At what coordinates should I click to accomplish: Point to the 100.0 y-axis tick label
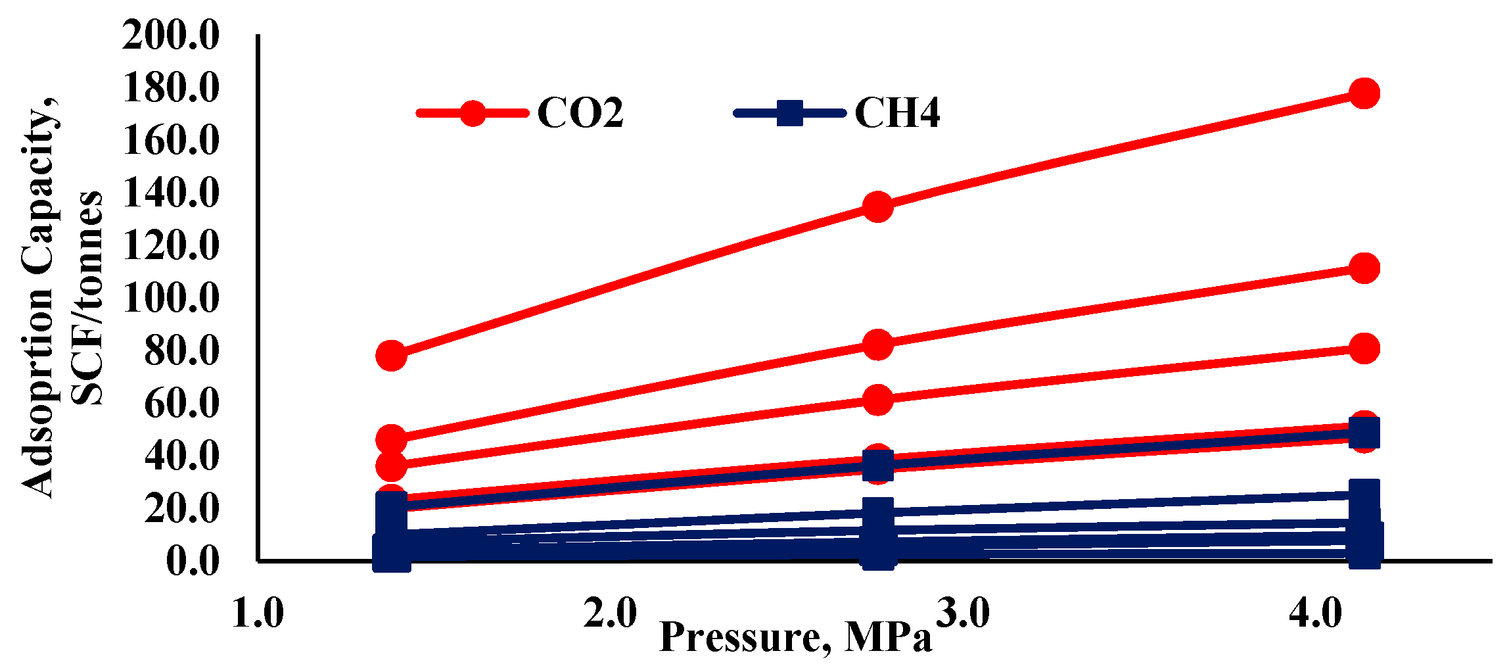170,298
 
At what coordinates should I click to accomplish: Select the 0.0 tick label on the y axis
192,561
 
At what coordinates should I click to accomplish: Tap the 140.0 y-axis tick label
170,193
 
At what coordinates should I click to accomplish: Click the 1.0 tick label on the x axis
258,614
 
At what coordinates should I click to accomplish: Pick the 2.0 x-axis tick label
610,614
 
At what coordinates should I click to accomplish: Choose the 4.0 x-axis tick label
1314,614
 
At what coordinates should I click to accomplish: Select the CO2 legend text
580,113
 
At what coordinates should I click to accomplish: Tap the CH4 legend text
896,113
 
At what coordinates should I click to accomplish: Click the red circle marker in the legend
473,113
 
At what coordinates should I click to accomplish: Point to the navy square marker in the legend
789,113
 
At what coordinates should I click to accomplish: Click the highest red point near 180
1364,93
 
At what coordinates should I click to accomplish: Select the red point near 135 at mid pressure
877,207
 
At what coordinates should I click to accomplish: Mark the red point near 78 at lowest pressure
391,356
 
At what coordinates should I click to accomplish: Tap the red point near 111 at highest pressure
1364,268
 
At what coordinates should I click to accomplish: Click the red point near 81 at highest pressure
1364,348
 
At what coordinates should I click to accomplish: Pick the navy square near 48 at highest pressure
1364,434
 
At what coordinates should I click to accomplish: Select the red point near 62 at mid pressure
877,400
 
